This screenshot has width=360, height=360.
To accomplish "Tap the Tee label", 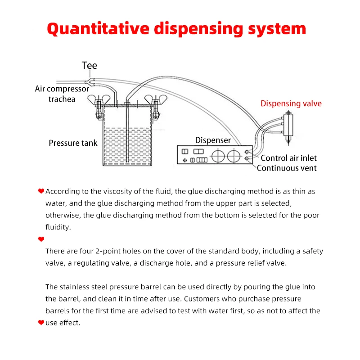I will pos(89,66).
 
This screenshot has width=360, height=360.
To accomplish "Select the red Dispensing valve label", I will pos(291,103).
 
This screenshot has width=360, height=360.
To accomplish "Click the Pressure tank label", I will pos(73,143).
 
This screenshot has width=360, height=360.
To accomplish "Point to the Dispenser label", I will pos(213,140).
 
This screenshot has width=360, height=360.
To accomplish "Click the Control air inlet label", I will pos(288,158).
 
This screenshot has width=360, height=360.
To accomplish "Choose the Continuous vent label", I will pos(287,168).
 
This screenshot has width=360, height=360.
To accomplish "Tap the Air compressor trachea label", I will pos(62,94).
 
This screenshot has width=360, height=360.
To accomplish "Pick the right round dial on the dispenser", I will pos(234,156).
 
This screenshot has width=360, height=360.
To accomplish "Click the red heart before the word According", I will pos(41,191).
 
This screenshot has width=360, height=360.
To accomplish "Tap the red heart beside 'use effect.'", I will pos(41,323).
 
